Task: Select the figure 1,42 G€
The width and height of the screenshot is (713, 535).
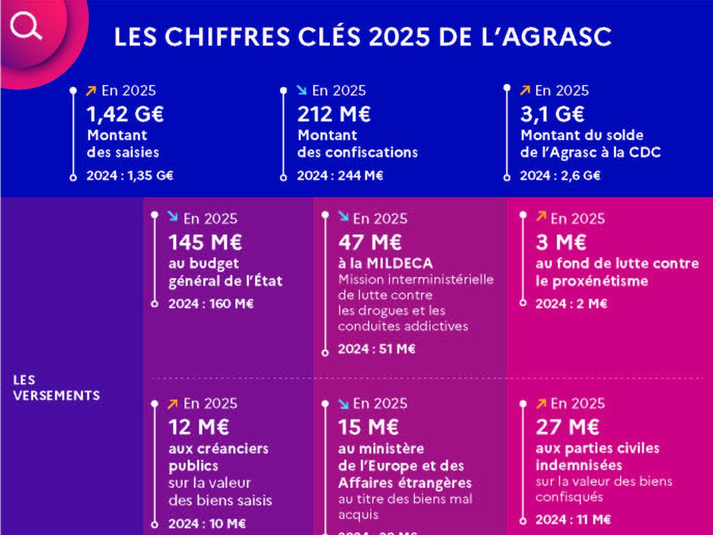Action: pyautogui.click(x=125, y=114)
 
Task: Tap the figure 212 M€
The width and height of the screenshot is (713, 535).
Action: pyautogui.click(x=334, y=114)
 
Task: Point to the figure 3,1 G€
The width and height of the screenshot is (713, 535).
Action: pyautogui.click(x=552, y=114)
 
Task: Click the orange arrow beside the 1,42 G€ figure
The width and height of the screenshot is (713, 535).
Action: pyautogui.click(x=91, y=91)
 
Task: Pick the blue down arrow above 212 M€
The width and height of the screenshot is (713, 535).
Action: pyautogui.click(x=302, y=91)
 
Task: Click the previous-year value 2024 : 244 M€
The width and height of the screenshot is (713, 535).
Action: pyautogui.click(x=340, y=175)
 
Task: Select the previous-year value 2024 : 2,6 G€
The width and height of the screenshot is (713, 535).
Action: pyautogui.click(x=560, y=175)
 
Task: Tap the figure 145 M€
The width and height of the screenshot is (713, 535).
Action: pyautogui.click(x=205, y=242)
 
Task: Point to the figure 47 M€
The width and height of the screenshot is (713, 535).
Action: pyautogui.click(x=370, y=242)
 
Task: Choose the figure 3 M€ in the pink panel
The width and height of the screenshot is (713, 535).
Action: pyautogui.click(x=561, y=242)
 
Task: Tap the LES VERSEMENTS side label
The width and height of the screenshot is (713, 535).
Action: pyautogui.click(x=56, y=388)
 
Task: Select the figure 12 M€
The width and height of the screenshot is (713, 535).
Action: pyautogui.click(x=199, y=427)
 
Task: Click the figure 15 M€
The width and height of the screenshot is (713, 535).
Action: pyautogui.click(x=368, y=427)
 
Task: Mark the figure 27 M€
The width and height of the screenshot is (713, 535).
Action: pyautogui.click(x=567, y=427)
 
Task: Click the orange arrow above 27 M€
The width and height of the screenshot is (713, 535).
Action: pyautogui.click(x=541, y=404)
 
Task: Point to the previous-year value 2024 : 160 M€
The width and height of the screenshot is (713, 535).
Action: pyautogui.click(x=211, y=304)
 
